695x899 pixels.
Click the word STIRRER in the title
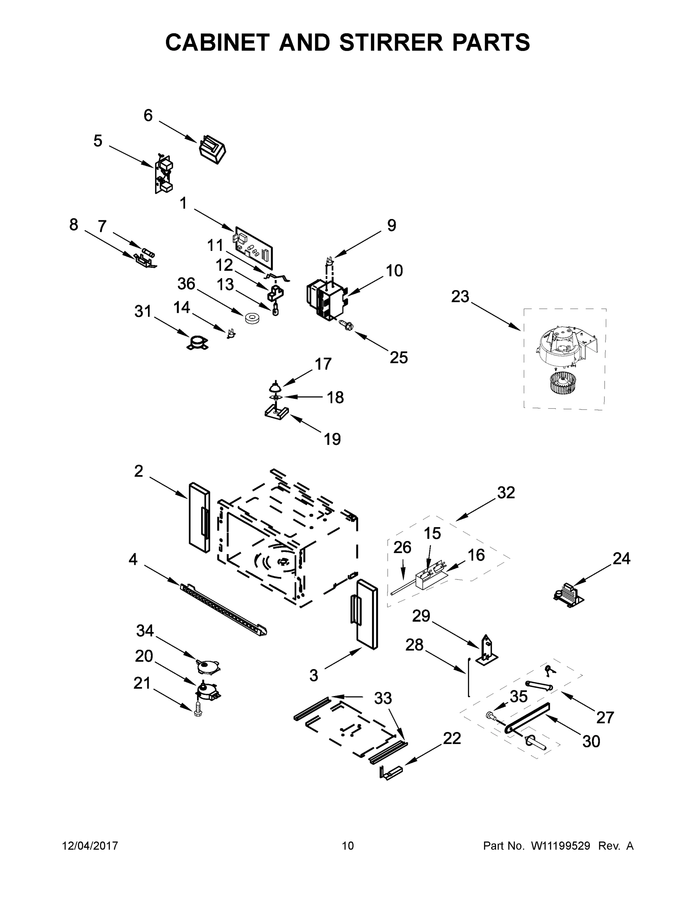[x=390, y=42]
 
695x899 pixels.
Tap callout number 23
[x=460, y=296]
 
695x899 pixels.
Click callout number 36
[x=186, y=284]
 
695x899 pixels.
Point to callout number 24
[x=621, y=559]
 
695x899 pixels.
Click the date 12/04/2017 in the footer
[x=90, y=845]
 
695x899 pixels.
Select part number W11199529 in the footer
[x=560, y=845]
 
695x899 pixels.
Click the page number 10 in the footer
[x=348, y=845]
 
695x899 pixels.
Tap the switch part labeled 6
[x=212, y=150]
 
